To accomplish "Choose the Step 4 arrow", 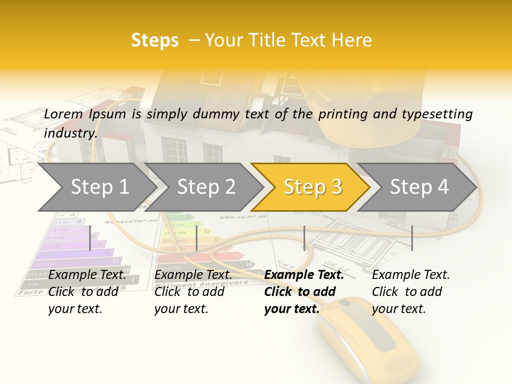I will coord(418,187).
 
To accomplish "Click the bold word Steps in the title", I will coord(155,40).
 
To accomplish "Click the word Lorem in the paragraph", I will coord(63,114).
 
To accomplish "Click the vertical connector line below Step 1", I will coord(90,238).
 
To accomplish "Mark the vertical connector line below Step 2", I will coord(197,238).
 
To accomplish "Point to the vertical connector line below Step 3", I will coord(304,238).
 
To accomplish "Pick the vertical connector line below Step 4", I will coord(412,238).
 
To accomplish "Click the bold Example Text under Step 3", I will coord(304,275).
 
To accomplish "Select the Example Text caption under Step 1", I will coord(87,275).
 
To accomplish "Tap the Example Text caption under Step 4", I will coord(411,275).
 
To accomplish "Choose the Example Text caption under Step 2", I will coord(193,275).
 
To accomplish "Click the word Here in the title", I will coord(351,40).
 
